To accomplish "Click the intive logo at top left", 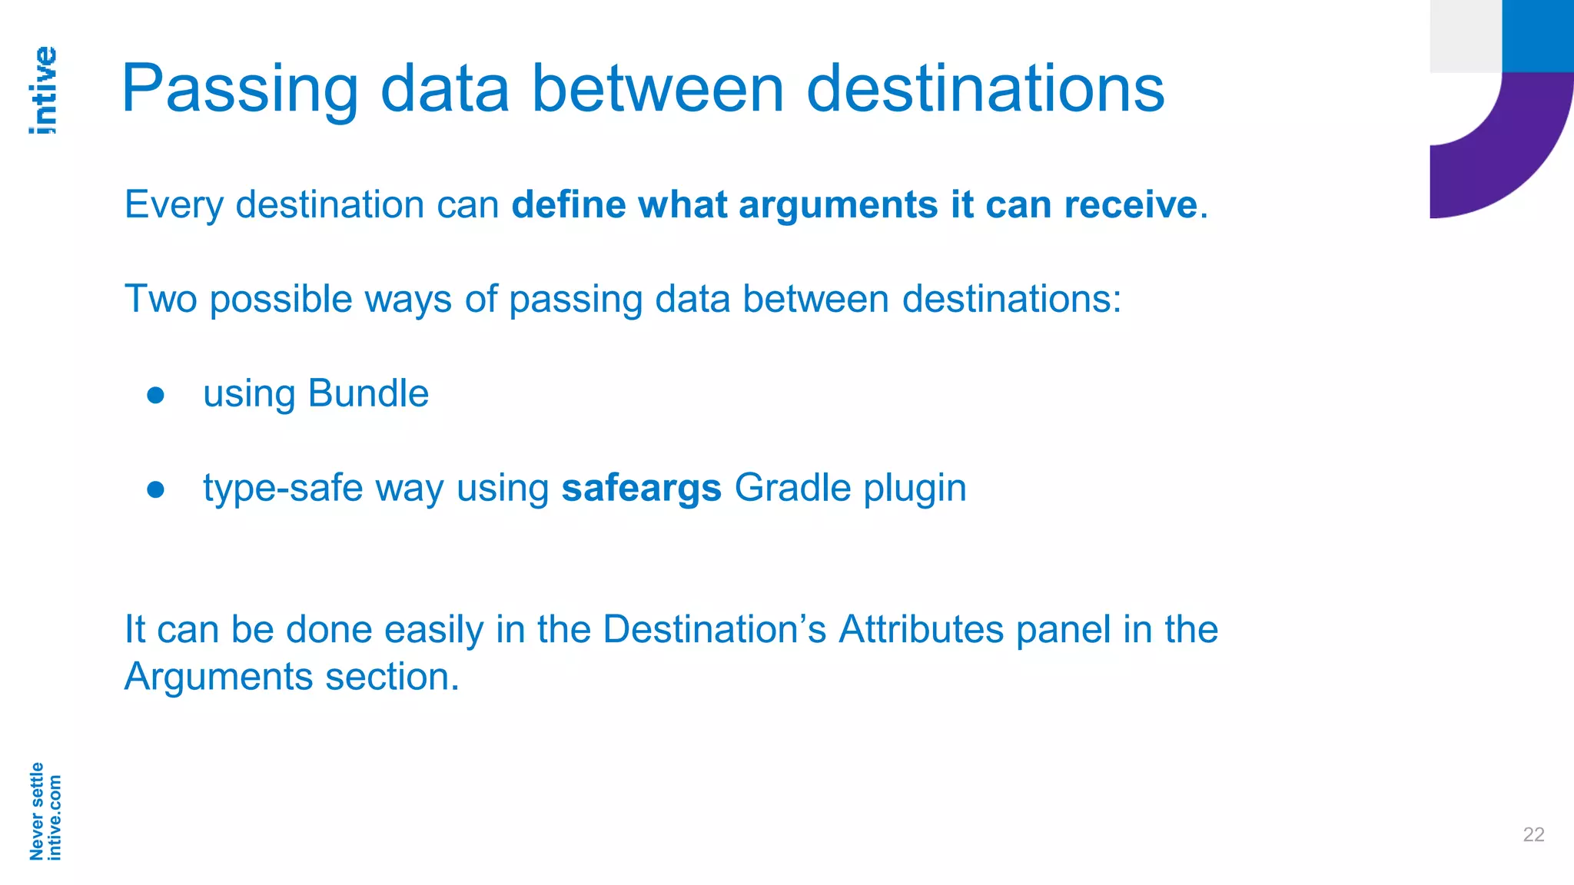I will (x=43, y=91).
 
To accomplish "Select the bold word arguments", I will (x=838, y=205).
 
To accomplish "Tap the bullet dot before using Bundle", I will (x=156, y=395).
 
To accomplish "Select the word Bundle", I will (x=368, y=394).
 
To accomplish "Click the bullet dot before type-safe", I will (x=156, y=489).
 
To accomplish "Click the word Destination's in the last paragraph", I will (x=714, y=629).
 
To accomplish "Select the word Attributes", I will (x=921, y=629).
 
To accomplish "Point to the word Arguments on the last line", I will (x=218, y=678).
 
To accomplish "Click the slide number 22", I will (x=1533, y=834).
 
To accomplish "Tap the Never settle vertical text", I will (x=36, y=811).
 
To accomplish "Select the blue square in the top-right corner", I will (x=1537, y=35).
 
